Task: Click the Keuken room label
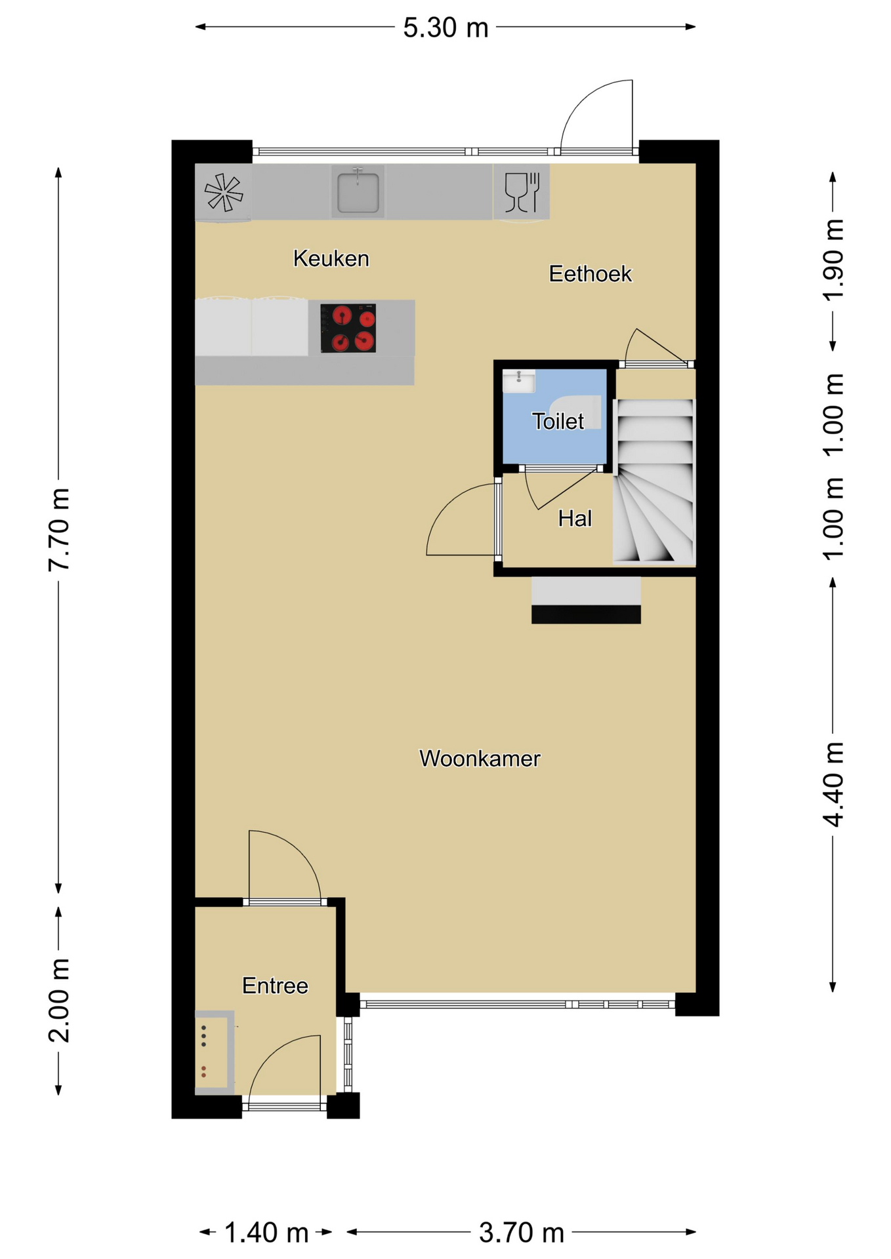(331, 258)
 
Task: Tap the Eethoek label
(590, 273)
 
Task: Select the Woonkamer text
(480, 759)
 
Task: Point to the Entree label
(275, 986)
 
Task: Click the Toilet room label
(558, 421)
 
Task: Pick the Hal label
(575, 519)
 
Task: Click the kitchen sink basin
(358, 192)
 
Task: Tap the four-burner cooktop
(348, 328)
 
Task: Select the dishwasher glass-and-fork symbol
(522, 191)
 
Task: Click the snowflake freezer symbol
(224, 192)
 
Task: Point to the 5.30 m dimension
(445, 28)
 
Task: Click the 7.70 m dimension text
(58, 530)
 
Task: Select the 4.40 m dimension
(833, 784)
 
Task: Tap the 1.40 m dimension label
(266, 1233)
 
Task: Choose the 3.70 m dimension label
(521, 1233)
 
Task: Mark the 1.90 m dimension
(833, 260)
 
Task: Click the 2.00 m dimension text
(58, 1000)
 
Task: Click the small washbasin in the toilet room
(518, 381)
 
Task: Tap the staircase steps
(654, 481)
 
